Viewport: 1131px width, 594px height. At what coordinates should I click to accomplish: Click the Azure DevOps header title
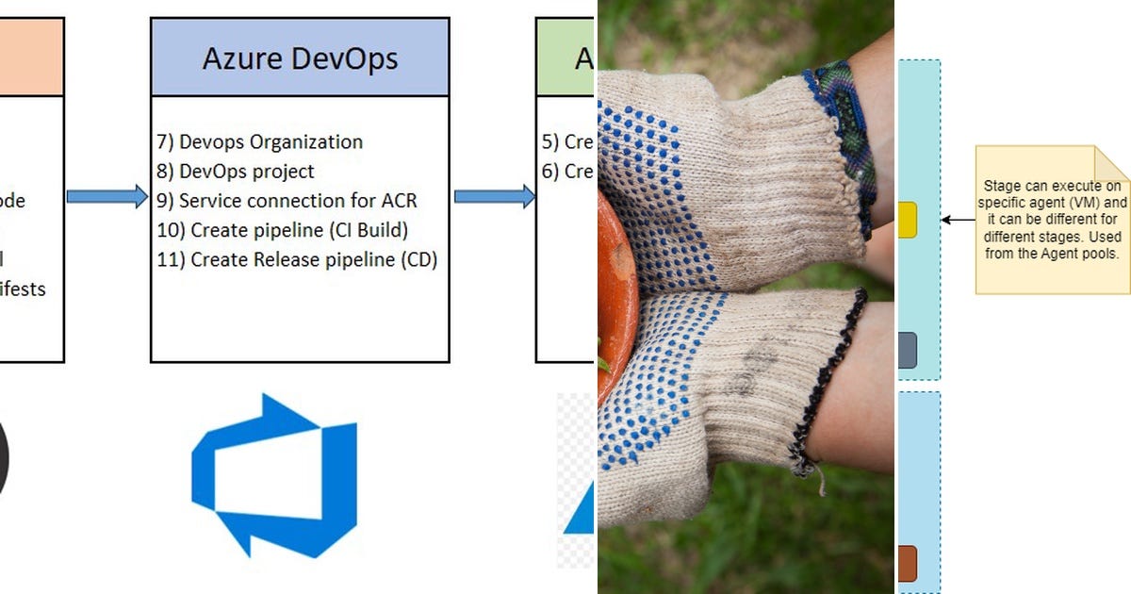pos(300,58)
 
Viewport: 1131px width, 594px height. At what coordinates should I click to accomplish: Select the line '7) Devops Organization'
pos(260,142)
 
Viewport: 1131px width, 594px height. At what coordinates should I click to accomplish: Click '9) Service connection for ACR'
pos(287,201)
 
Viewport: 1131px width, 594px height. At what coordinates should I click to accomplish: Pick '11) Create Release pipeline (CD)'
pos(297,259)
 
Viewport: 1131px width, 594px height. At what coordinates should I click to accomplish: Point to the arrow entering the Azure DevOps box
pos(107,197)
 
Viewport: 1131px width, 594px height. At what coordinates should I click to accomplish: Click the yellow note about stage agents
pos(1052,219)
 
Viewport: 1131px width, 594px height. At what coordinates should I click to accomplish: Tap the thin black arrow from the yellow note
pos(958,220)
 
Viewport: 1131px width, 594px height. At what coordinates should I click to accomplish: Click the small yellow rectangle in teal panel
pos(907,219)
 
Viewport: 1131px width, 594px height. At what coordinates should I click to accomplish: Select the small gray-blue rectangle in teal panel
pos(907,350)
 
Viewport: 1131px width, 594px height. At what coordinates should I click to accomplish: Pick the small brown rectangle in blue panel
pos(907,563)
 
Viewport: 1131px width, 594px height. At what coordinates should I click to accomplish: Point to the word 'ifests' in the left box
pos(23,289)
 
